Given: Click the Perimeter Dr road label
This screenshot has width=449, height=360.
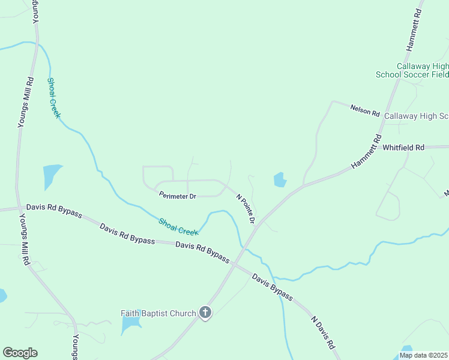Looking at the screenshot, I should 177,196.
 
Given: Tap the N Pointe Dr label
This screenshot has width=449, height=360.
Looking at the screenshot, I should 246,209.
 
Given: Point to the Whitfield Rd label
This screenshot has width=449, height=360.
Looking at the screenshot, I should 403,147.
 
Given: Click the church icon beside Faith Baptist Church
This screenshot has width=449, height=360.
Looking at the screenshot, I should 205,312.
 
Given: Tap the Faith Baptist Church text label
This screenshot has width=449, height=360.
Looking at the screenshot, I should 158,313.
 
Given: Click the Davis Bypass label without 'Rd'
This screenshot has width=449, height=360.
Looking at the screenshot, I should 272,287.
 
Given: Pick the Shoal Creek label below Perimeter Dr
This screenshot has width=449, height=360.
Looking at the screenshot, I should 178,226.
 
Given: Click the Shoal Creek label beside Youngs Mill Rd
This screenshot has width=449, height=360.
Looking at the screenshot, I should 54,98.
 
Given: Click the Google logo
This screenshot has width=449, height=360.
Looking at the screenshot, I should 20,353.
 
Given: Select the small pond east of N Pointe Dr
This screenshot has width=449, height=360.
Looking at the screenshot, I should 280,179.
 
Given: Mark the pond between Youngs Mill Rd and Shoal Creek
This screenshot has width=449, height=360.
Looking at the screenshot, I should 52,176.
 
